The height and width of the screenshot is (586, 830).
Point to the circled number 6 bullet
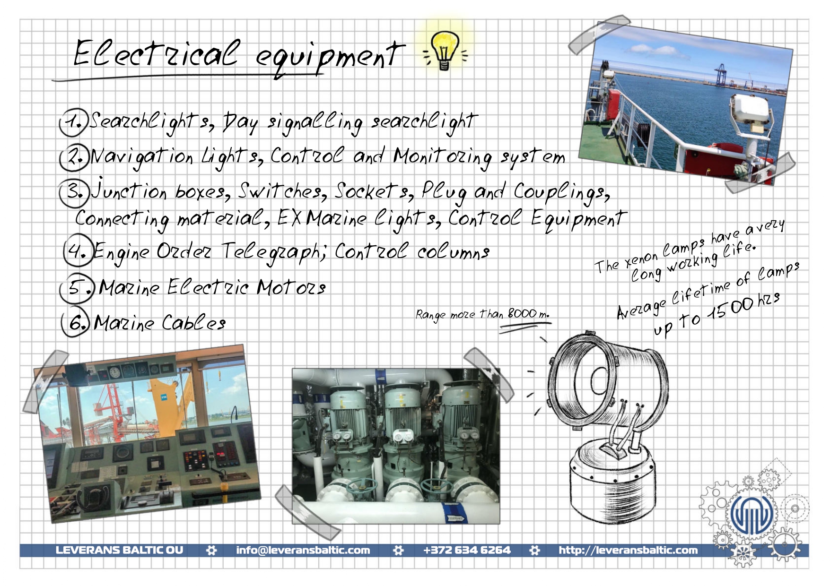[x=76, y=323]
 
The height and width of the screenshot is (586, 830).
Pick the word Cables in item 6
[x=193, y=322]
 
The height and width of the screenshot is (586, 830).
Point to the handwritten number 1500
[x=731, y=309]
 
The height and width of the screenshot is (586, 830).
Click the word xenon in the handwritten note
[x=641, y=259]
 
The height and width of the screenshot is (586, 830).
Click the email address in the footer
[x=303, y=550]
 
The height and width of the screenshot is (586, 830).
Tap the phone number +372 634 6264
[x=467, y=550]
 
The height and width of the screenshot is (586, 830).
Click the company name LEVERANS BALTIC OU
[x=119, y=550]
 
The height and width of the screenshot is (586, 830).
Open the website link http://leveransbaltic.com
[x=628, y=550]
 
